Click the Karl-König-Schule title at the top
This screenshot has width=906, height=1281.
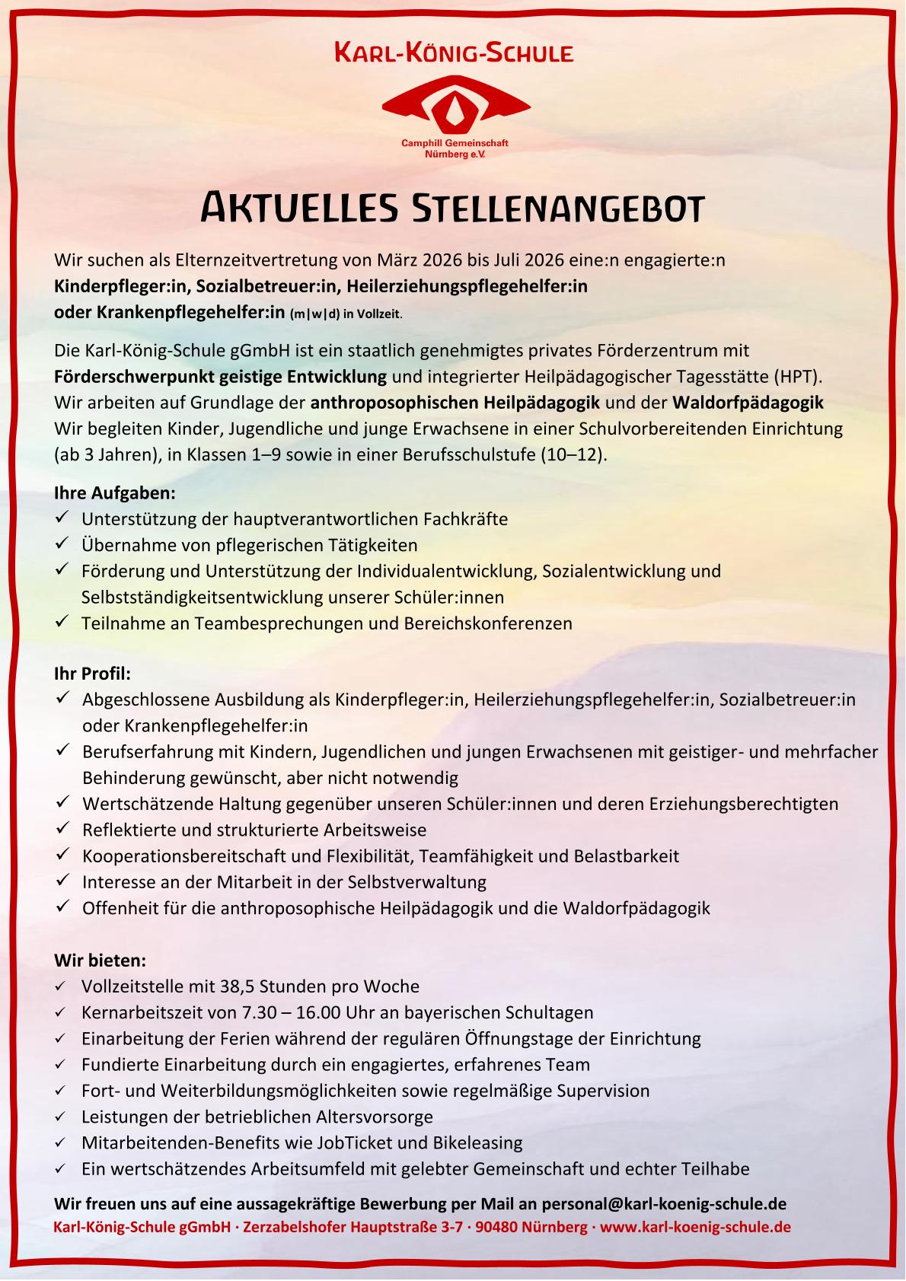[x=454, y=53]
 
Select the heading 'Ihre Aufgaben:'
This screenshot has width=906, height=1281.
[x=114, y=493]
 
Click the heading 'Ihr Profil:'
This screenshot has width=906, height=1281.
[x=92, y=674]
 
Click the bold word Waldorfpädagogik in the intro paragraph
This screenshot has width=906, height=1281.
[x=748, y=402]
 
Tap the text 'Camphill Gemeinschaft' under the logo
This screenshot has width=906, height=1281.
[x=455, y=143]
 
